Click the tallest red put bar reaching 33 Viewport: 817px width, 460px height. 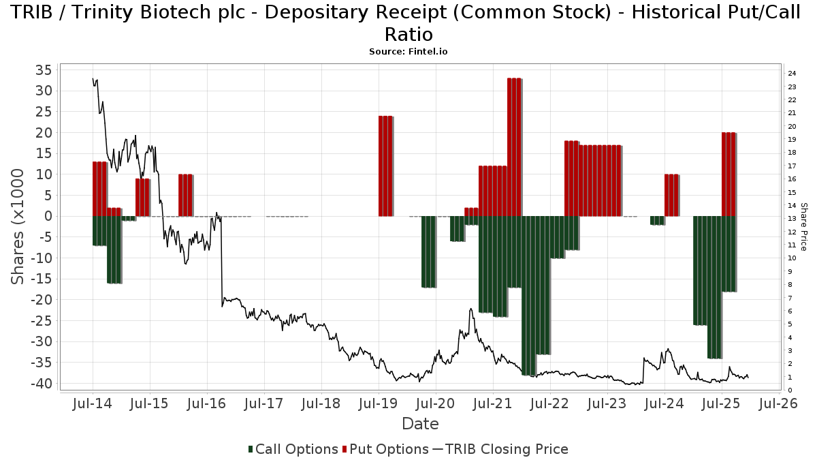[514, 147]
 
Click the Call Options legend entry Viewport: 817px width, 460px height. [293, 449]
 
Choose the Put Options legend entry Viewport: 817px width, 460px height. [385, 449]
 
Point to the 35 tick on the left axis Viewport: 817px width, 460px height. [44, 70]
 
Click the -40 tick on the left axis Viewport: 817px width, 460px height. [39, 383]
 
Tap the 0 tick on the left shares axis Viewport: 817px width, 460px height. [48, 216]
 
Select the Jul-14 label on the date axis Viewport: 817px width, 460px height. [92, 403]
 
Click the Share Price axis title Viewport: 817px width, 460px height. [803, 226]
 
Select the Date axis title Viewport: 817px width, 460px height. [420, 424]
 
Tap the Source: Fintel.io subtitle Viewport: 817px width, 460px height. [408, 51]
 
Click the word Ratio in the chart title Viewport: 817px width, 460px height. [408, 34]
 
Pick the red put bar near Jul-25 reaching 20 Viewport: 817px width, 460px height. [728, 174]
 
